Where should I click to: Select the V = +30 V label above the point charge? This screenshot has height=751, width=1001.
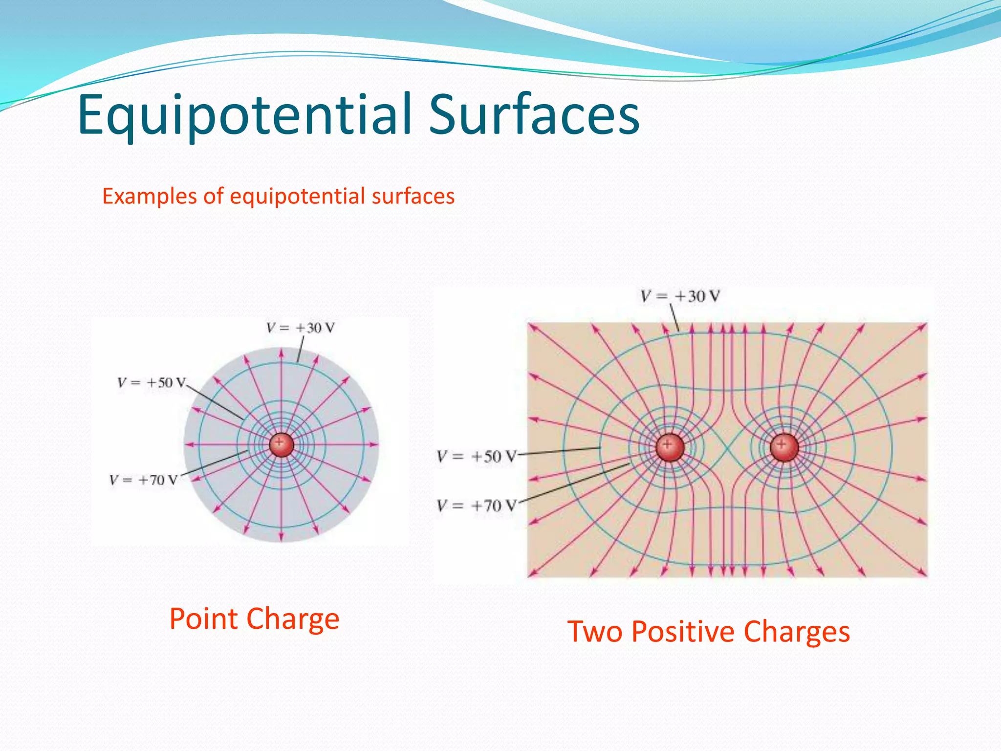(301, 328)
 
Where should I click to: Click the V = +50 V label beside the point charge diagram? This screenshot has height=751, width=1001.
(152, 382)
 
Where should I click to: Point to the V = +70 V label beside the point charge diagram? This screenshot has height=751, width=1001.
(143, 480)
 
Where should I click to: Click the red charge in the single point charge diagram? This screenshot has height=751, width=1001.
(282, 444)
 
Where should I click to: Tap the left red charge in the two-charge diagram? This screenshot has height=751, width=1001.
(670, 447)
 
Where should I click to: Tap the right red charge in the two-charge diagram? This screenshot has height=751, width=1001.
(784, 447)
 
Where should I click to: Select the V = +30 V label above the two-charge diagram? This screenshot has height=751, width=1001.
(680, 296)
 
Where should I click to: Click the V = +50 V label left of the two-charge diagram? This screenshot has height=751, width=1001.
(476, 457)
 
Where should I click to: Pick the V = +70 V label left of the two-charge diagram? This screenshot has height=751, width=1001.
(476, 506)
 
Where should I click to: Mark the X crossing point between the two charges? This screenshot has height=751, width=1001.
(727, 447)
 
